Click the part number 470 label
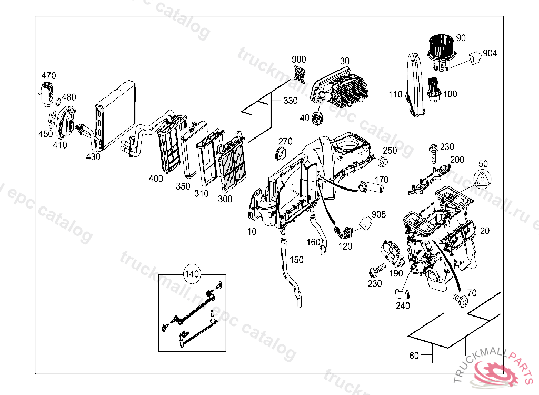pyautogui.click(x=48, y=76)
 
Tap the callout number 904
pyautogui.click(x=490, y=53)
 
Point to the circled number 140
pyautogui.click(x=192, y=274)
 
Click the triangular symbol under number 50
pyautogui.click(x=483, y=179)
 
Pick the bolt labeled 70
pyautogui.click(x=462, y=300)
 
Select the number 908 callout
pyautogui.click(x=378, y=214)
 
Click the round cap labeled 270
pyautogui.click(x=281, y=153)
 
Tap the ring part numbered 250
pyautogui.click(x=384, y=162)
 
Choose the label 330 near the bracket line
pyautogui.click(x=290, y=101)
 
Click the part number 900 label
pyautogui.click(x=299, y=59)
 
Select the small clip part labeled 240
pyautogui.click(x=402, y=294)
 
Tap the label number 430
pyautogui.click(x=93, y=156)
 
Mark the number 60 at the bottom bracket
pyautogui.click(x=414, y=355)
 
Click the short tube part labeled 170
pyautogui.click(x=371, y=185)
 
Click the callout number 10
pyautogui.click(x=252, y=231)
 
